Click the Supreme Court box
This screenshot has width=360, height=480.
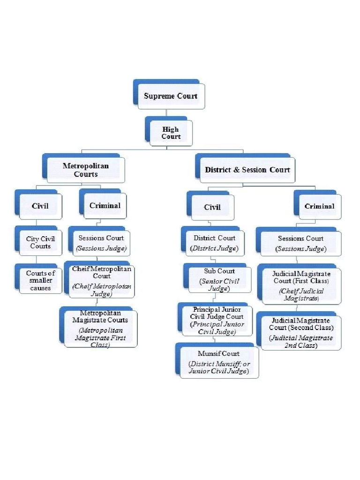pyautogui.click(x=171, y=96)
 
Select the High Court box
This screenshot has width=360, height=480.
pyautogui.click(x=171, y=133)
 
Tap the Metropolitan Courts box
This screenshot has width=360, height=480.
pyautogui.click(x=85, y=170)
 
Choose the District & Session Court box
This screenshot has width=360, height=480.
pyautogui.click(x=247, y=170)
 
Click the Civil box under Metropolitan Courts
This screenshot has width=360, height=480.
pyautogui.click(x=40, y=206)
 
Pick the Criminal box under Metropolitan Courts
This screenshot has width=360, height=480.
pyautogui.click(x=105, y=206)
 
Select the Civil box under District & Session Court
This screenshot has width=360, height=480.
pyautogui.click(x=212, y=207)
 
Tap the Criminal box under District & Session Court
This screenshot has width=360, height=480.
pyautogui.click(x=319, y=206)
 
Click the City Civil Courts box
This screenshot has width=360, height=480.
pyautogui.click(x=40, y=242)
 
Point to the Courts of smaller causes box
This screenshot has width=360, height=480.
pyautogui.click(x=40, y=280)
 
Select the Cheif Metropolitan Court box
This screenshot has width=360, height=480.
pyautogui.click(x=101, y=282)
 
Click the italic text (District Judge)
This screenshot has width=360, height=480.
pyautogui.click(x=214, y=248)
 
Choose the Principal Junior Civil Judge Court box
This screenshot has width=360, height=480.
pyautogui.click(x=217, y=321)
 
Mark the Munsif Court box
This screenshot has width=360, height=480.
pyautogui.click(x=218, y=362)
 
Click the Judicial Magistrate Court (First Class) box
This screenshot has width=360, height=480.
pyautogui.click(x=301, y=285)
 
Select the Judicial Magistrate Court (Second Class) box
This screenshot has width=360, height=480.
pyautogui.click(x=301, y=332)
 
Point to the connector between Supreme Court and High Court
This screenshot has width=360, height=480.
pyautogui.click(x=166, y=113)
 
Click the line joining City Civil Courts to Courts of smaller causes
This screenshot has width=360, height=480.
pyautogui.click(x=37, y=260)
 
